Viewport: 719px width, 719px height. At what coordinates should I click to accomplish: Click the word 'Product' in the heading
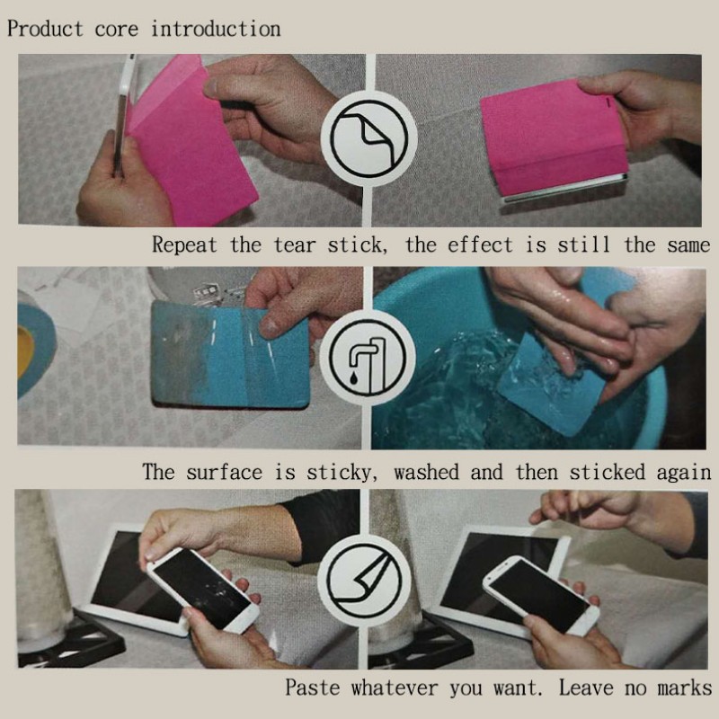pyautogui.click(x=45, y=29)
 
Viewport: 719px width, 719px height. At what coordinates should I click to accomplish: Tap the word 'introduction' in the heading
pyautogui.click(x=216, y=29)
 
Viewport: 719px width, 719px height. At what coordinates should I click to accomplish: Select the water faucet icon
pyautogui.click(x=368, y=358)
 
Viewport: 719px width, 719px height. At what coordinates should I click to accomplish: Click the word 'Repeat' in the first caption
pyautogui.click(x=184, y=244)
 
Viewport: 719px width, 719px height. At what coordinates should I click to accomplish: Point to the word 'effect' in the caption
pyautogui.click(x=480, y=244)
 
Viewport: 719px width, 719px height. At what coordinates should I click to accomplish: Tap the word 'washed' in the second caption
pyautogui.click(x=426, y=472)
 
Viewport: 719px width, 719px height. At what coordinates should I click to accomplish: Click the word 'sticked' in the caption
pyautogui.click(x=607, y=472)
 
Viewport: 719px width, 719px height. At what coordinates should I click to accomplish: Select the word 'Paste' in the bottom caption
pyautogui.click(x=312, y=688)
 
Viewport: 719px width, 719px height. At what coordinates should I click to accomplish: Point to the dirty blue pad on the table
pyautogui.click(x=231, y=354)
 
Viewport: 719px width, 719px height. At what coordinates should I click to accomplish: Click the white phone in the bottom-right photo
pyautogui.click(x=541, y=596)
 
